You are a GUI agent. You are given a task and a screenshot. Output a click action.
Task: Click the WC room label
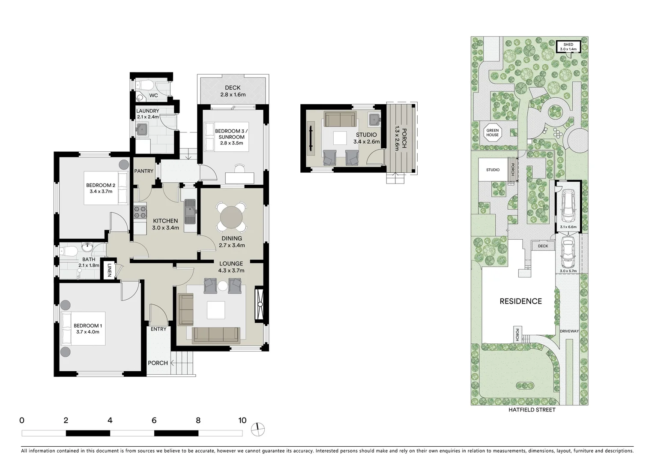153,96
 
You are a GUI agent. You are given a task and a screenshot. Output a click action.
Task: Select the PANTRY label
144,171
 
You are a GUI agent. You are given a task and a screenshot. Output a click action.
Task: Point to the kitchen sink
190,211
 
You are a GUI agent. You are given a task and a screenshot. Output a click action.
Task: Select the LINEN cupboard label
109,270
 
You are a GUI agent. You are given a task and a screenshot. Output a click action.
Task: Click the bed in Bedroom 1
83,329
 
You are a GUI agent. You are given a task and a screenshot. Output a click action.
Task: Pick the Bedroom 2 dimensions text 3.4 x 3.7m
101,191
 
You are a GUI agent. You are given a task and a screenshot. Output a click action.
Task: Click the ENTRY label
159,329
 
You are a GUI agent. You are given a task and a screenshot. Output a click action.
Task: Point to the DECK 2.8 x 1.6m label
233,91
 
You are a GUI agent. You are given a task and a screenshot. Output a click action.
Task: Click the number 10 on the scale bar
242,421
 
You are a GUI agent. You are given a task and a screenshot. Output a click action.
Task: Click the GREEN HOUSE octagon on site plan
492,133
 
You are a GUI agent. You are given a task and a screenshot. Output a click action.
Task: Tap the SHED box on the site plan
568,47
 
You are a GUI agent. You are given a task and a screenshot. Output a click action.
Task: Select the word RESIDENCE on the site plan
520,301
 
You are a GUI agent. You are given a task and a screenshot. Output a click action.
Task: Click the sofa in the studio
339,120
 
